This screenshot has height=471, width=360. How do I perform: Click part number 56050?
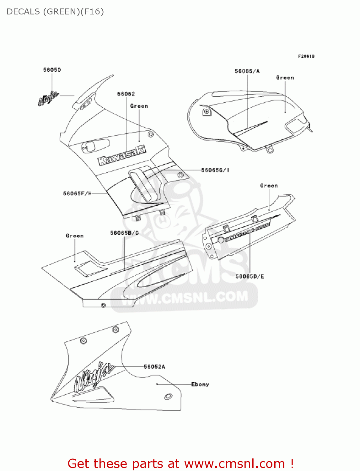coord(52,70)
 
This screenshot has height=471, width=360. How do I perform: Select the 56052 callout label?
coord(126,94)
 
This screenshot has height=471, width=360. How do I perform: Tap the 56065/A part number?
coord(247,71)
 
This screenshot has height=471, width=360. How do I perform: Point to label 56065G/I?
coord(215,170)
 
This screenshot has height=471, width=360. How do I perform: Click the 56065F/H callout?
coord(77,194)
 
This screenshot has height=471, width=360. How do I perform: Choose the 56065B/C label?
coord(124,233)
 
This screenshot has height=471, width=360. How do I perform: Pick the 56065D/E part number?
coord(250,277)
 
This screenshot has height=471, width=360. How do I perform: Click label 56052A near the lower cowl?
coord(154,367)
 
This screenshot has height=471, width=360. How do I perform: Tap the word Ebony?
coord(200,384)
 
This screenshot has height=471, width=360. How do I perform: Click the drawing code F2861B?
coord(306,57)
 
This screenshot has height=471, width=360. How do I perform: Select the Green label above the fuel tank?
coord(285,78)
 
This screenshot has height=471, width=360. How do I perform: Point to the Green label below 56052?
coord(139,106)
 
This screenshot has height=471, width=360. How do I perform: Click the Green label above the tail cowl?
coord(269,186)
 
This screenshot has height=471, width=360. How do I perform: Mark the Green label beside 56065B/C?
coord(75,236)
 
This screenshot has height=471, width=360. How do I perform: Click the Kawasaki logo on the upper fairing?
coord(122,156)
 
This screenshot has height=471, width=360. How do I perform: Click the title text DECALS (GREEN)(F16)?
coord(55,12)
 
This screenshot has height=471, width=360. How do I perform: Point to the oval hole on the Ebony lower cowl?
coord(168,396)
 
